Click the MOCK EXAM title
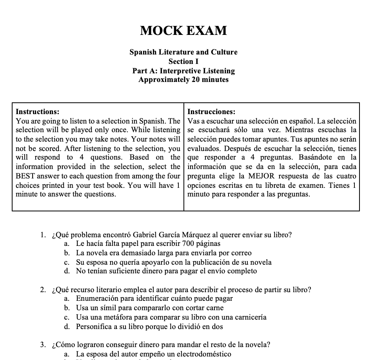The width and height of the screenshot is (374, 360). click(x=183, y=31)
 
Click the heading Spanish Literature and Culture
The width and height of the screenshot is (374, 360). click(x=183, y=52)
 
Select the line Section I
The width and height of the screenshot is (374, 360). click(x=183, y=62)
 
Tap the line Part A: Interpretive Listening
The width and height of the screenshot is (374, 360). click(x=183, y=71)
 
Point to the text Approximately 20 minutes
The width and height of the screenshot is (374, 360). click(x=183, y=80)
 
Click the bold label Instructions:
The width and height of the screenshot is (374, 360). click(x=38, y=112)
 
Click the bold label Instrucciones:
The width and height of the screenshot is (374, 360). click(x=212, y=112)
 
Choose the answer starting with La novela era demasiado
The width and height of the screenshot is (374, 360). click(x=163, y=253)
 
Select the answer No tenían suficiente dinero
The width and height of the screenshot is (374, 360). click(x=166, y=271)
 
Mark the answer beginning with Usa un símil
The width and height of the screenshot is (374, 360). click(x=149, y=308)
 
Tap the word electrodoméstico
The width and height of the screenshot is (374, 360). click(x=204, y=355)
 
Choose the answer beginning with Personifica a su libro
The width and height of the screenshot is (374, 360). click(x=149, y=326)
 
